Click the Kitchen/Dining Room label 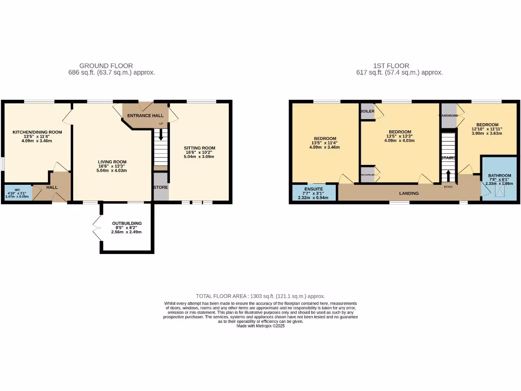click(x=37, y=132)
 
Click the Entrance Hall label click(x=145, y=116)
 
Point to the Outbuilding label click(x=127, y=223)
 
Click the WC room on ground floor click(x=17, y=192)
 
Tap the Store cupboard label click(x=161, y=187)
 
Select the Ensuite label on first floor click(x=313, y=188)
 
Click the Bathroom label click(x=499, y=176)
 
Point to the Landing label click(x=409, y=193)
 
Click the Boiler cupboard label click(x=367, y=111)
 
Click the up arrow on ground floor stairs click(x=161, y=135)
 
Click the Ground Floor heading click(x=106, y=66)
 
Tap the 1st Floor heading click(x=391, y=66)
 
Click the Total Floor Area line click(x=260, y=296)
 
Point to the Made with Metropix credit click(x=260, y=326)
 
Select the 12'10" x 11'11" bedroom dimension click(x=486, y=129)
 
